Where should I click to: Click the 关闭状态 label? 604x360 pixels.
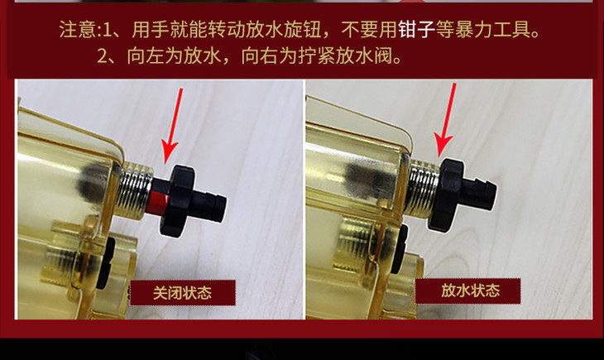click(x=183, y=293)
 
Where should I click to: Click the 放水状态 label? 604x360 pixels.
click(x=467, y=290)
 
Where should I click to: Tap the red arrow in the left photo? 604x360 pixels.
click(x=173, y=125)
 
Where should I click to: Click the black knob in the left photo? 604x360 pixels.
click(x=177, y=200)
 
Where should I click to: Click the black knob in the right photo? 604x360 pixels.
click(x=447, y=194)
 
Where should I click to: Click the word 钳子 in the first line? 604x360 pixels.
click(x=416, y=29)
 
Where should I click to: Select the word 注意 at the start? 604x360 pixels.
click(x=77, y=29)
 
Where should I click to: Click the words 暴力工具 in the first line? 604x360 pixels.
click(x=492, y=29)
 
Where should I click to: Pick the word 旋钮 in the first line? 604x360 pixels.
click(x=303, y=29)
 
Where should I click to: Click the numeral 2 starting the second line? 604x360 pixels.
click(x=102, y=56)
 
